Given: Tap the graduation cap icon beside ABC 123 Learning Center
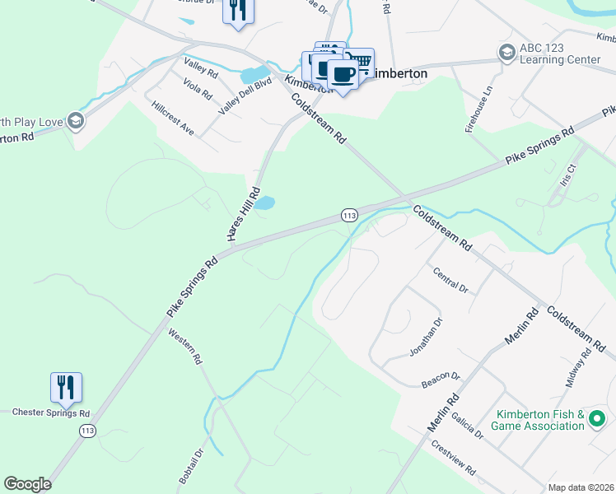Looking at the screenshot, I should click(x=506, y=53).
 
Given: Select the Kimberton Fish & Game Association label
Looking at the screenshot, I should click(x=538, y=420).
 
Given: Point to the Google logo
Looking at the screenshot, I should click(x=27, y=484).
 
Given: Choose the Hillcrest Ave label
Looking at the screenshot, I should click(x=173, y=119).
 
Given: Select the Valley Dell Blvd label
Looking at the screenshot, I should click(x=245, y=96).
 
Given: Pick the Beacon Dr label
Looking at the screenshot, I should click(x=441, y=376).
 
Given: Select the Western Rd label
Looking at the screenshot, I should click(x=185, y=347).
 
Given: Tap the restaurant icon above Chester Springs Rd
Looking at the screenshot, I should click(x=66, y=387).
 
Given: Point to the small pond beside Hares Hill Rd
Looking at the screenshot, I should click(x=264, y=203).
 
